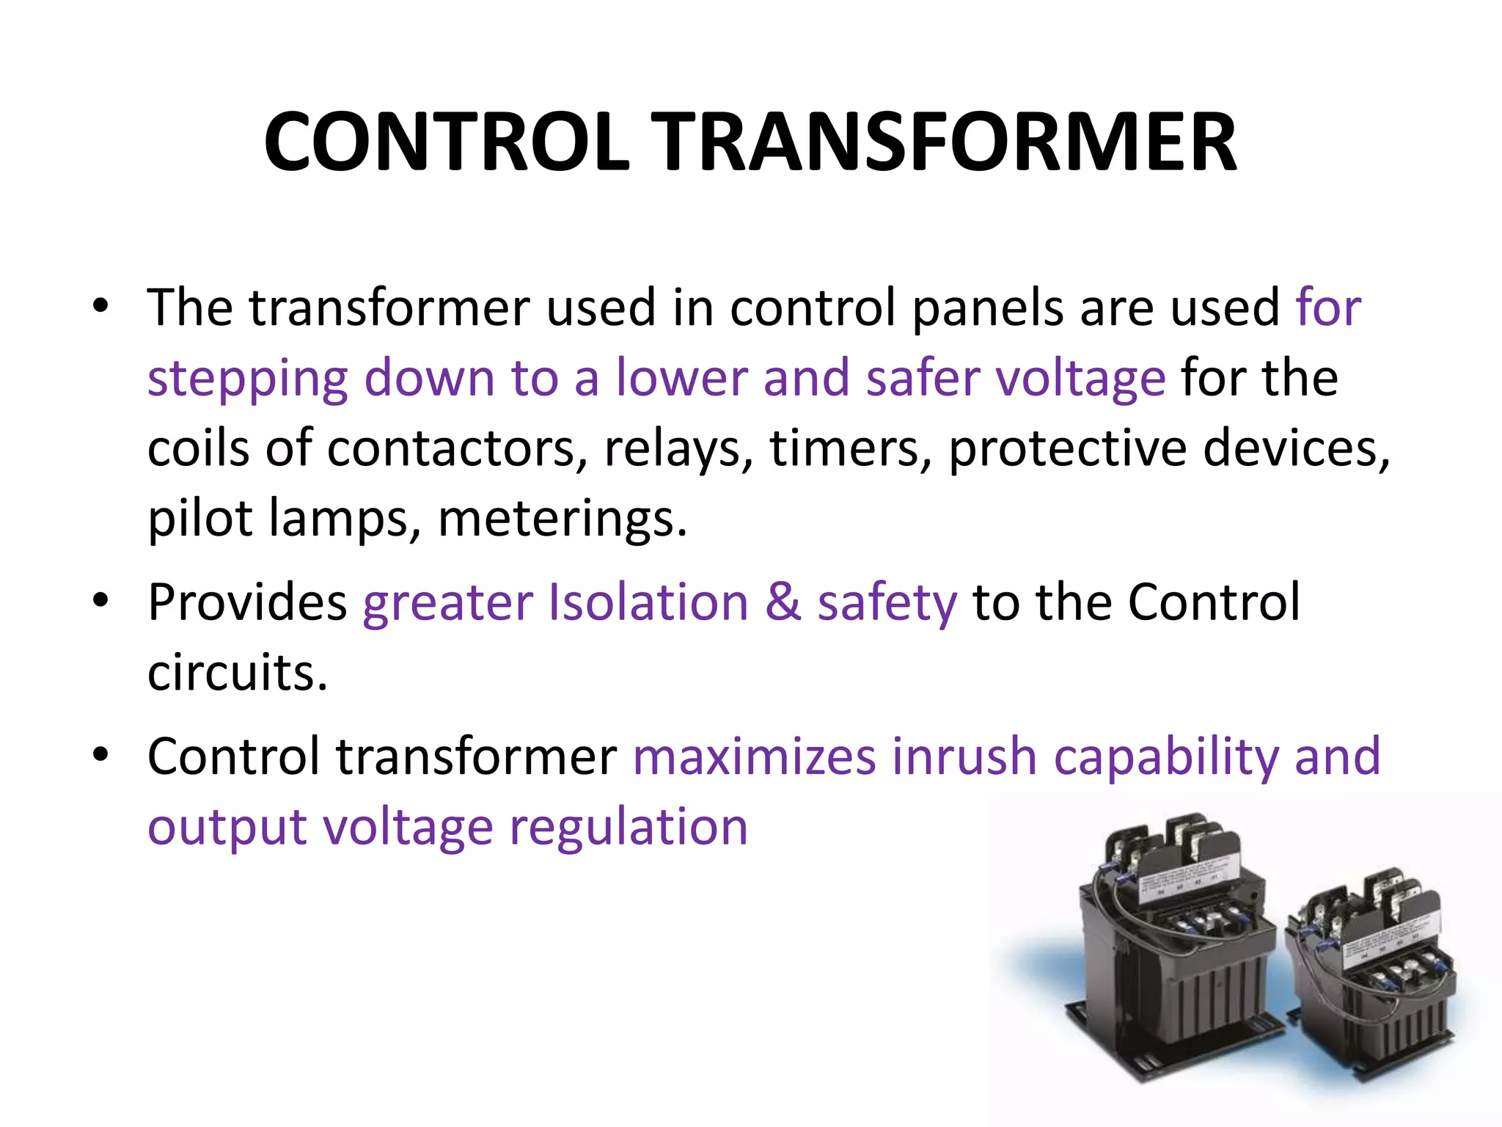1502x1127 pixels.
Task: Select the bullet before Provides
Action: pyautogui.click(x=101, y=600)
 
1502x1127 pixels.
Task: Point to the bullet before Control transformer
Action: pyautogui.click(x=101, y=754)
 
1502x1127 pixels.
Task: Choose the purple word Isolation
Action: pyautogui.click(x=648, y=602)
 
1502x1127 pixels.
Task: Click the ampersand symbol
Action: pyautogui.click(x=783, y=602)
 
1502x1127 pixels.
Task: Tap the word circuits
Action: pyautogui.click(x=237, y=672)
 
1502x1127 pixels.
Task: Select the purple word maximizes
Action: pyautogui.click(x=754, y=756)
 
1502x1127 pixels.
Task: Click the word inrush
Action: pyautogui.click(x=964, y=756)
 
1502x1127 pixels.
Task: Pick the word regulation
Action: pyautogui.click(x=629, y=828)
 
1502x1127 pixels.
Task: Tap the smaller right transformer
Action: pyautogui.click(x=1371, y=983)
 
